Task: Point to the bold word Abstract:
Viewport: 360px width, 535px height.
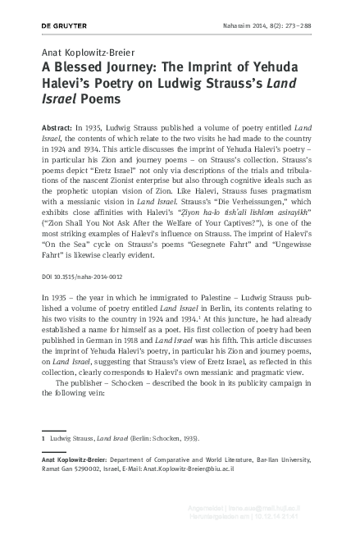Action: [x=57, y=131]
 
